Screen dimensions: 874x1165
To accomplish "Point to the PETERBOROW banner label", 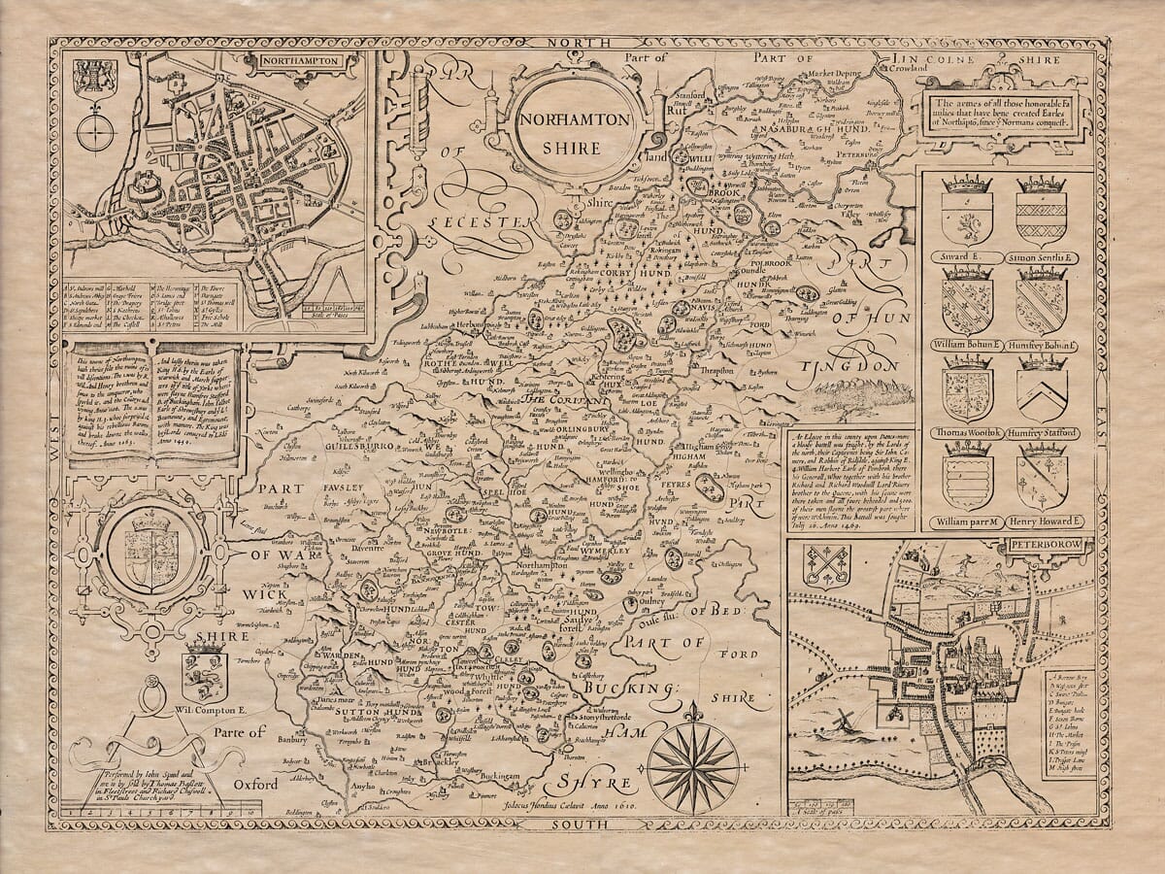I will point(1051,546).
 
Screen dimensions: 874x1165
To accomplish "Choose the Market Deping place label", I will point(812,73).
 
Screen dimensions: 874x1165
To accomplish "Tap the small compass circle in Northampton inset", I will point(95,130).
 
